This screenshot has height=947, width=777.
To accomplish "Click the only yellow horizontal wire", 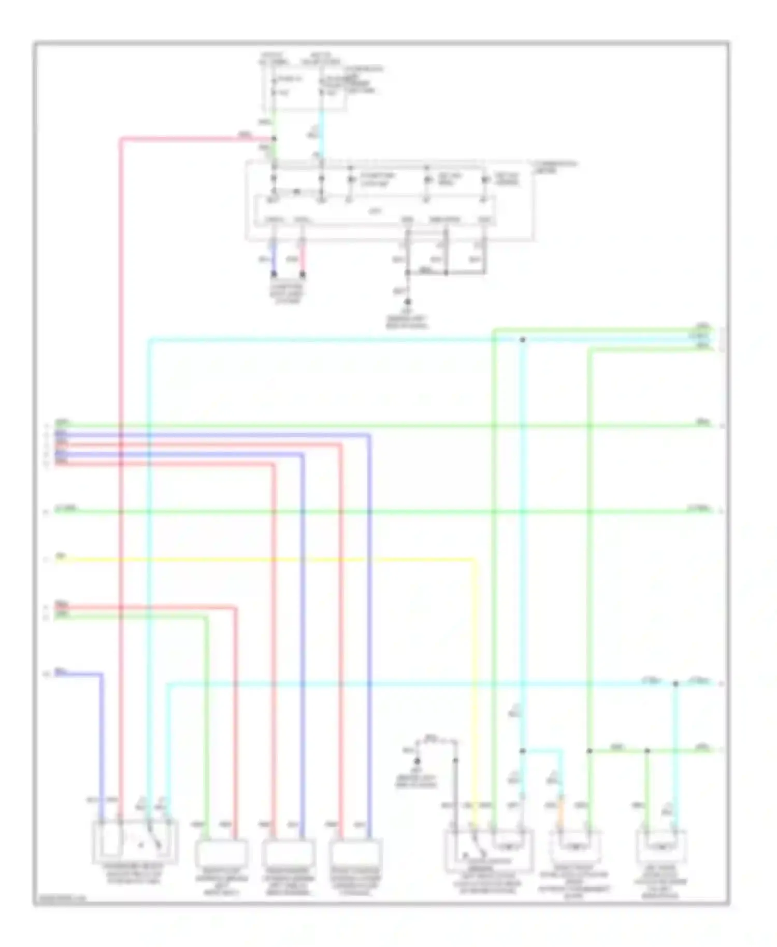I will tap(259, 559).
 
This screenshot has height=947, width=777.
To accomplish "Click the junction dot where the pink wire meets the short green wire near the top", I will tap(274, 138).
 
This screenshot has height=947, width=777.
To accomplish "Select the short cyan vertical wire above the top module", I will tap(322, 132).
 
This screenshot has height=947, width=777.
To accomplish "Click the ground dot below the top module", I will tap(408, 302).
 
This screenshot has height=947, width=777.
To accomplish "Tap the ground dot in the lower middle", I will tap(416, 761).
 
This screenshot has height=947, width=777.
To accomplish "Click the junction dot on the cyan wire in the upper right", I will tap(522, 340).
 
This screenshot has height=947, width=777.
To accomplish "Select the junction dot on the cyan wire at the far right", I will tap(675, 684).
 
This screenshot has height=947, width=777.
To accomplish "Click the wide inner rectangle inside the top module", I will tap(373, 210).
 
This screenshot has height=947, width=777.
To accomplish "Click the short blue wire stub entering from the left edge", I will tap(78, 675).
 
